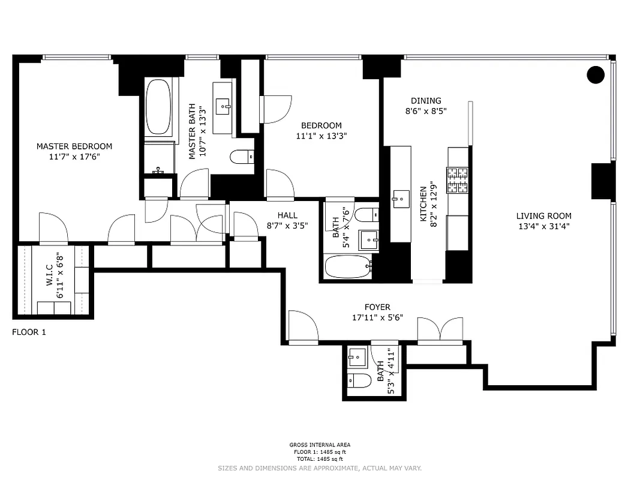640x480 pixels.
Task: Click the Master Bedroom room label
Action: click(x=74, y=146)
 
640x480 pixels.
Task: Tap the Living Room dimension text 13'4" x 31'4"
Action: click(x=543, y=226)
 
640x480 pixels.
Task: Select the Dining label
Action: click(x=426, y=101)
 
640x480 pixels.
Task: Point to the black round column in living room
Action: click(x=595, y=74)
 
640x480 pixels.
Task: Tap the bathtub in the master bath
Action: click(x=158, y=106)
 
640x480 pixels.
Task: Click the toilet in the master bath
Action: click(x=242, y=157)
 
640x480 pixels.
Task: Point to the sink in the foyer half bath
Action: click(x=357, y=358)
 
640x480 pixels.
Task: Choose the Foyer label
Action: click(x=377, y=307)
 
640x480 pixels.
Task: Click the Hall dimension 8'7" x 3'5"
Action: click(x=287, y=226)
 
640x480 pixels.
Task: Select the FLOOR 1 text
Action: click(x=29, y=332)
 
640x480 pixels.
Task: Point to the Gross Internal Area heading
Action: click(x=320, y=445)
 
